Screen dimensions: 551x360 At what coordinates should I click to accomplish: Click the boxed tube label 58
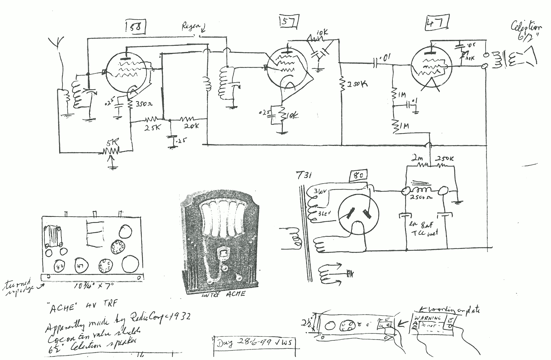(135, 27)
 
